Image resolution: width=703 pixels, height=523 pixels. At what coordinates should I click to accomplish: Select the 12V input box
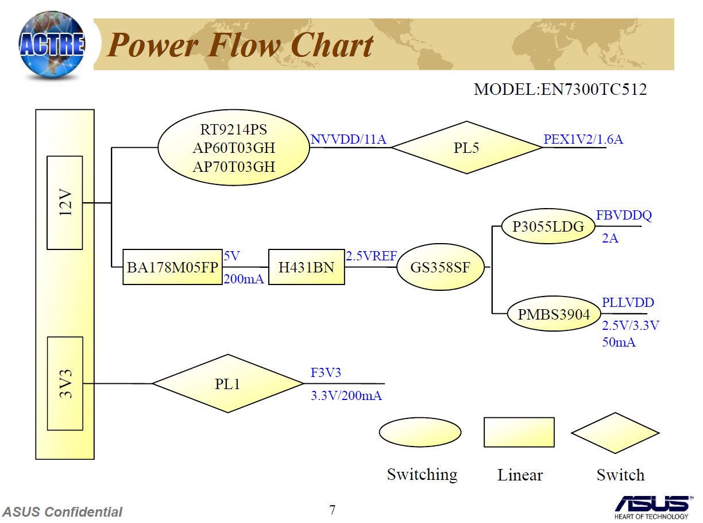(x=65, y=203)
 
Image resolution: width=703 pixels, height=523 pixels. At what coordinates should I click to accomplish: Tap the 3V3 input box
(x=65, y=383)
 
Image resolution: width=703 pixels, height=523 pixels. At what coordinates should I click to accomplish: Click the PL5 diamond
(x=466, y=148)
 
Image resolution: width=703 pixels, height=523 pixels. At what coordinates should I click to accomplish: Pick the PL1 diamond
(x=227, y=383)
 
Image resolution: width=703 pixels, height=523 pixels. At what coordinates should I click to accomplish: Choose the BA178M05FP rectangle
(x=172, y=267)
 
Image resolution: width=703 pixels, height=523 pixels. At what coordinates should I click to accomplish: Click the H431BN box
(x=307, y=267)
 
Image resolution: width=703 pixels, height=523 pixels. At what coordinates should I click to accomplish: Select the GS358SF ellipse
(x=441, y=267)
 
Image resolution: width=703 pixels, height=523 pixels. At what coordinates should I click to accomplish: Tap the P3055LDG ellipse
(x=549, y=226)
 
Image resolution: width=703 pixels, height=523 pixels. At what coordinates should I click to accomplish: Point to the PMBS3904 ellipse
(x=554, y=314)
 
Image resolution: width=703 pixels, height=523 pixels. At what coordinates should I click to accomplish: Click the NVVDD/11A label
(x=348, y=139)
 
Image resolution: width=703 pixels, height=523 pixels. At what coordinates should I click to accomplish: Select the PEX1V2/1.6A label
(x=583, y=139)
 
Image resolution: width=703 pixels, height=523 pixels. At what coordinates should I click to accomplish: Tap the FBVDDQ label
(x=624, y=216)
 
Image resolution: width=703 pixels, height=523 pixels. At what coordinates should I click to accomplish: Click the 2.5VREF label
(x=371, y=256)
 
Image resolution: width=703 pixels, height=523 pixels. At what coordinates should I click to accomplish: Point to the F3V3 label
(x=326, y=372)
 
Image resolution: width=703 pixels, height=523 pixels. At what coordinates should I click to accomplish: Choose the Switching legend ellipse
(x=420, y=432)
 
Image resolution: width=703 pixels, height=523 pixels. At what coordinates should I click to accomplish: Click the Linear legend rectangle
(x=519, y=432)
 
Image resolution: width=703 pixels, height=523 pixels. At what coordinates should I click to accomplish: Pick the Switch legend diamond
(x=615, y=433)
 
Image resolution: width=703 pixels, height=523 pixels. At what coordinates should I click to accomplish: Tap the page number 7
(x=332, y=510)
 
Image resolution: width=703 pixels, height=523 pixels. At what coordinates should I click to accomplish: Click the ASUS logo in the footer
(x=654, y=507)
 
